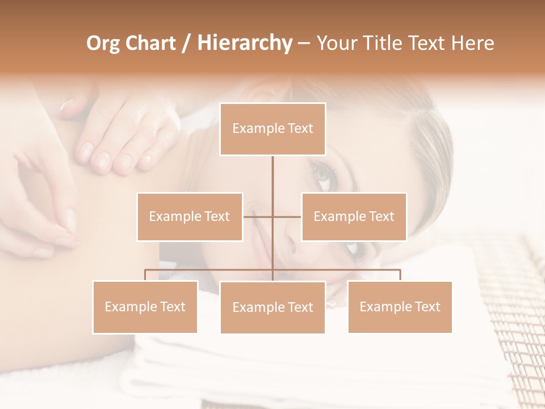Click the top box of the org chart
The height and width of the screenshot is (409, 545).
272,129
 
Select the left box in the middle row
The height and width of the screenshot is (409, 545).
190,216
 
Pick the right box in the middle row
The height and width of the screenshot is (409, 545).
354,216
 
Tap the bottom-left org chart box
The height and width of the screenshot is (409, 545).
145,307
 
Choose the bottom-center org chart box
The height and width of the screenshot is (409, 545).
272,307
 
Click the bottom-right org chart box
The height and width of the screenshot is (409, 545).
400,307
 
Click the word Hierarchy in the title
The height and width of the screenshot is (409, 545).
244,43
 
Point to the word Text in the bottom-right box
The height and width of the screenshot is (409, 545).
427,307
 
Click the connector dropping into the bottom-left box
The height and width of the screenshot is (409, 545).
145,275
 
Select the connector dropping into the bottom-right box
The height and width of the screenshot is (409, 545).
400,275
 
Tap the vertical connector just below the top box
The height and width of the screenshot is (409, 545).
272,170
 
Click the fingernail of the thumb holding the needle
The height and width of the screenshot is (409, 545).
70,220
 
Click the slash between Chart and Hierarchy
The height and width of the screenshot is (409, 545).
186,43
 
